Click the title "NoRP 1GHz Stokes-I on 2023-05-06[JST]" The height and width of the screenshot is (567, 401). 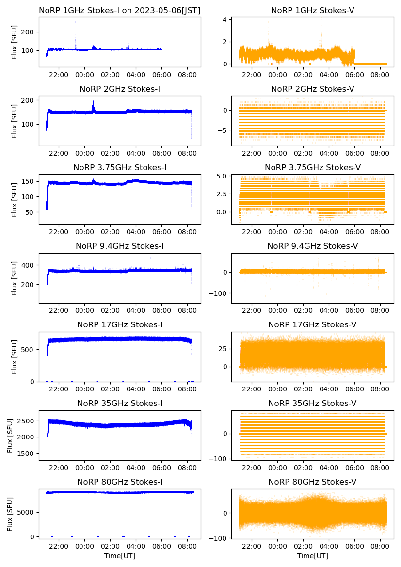[x=120, y=10]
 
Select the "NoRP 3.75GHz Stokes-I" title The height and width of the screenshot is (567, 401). [x=120, y=167]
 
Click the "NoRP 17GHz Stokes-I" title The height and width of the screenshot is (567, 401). [x=120, y=324]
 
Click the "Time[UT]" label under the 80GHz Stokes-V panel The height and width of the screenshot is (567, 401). [x=312, y=555]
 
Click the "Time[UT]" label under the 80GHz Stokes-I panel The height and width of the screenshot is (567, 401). [x=120, y=555]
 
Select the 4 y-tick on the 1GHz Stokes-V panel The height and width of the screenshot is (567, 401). [x=225, y=20]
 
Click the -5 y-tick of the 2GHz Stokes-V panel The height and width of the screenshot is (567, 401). [x=223, y=130]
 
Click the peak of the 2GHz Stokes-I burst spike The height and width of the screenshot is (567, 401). [x=93, y=101]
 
